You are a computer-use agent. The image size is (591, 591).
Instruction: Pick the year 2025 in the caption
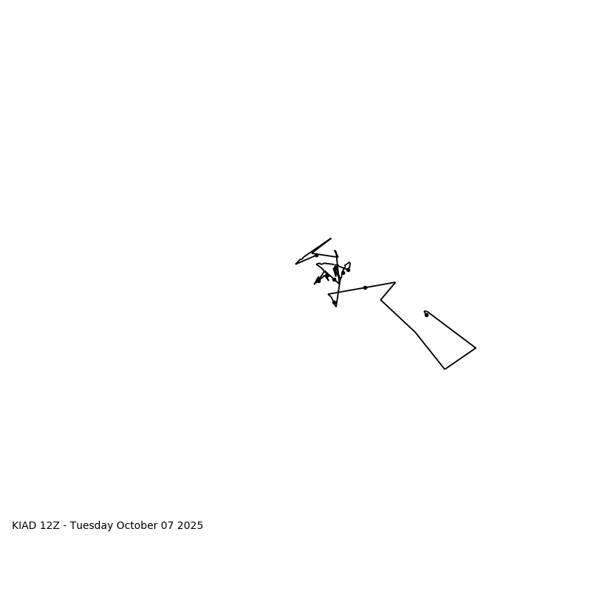click(x=190, y=526)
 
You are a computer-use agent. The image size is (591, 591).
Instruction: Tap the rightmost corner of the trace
click(x=476, y=348)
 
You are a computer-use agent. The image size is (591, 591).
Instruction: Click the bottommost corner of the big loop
click(x=445, y=369)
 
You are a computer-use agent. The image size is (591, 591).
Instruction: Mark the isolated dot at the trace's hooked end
click(x=426, y=315)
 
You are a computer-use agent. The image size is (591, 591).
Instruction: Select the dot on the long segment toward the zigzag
click(x=365, y=287)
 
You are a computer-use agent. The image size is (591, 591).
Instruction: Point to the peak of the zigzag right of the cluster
click(x=395, y=282)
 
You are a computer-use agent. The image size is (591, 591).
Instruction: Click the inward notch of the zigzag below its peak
click(x=380, y=300)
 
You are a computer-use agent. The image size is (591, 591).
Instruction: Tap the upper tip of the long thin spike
click(x=331, y=239)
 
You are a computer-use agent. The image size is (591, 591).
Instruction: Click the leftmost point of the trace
click(x=295, y=264)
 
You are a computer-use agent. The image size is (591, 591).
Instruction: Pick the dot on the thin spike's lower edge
click(x=316, y=255)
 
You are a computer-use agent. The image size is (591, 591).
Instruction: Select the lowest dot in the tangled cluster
click(x=334, y=302)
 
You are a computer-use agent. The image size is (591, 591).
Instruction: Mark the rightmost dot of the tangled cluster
click(x=348, y=270)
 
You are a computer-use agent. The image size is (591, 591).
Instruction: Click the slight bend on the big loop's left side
click(x=416, y=332)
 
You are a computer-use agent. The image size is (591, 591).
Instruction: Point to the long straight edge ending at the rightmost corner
click(x=452, y=330)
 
